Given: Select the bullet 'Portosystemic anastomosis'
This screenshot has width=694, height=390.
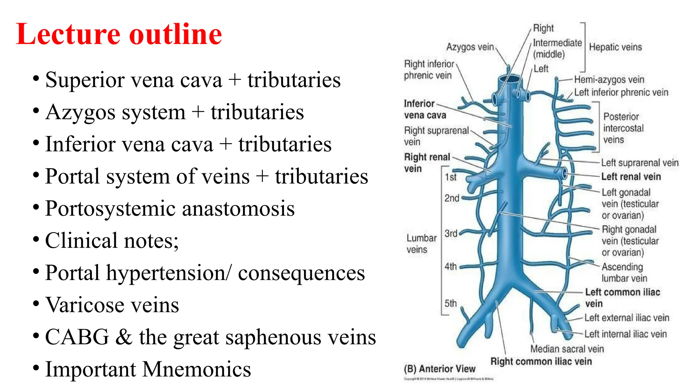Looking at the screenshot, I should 170,209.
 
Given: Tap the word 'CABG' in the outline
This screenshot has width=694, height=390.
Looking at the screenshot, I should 77,337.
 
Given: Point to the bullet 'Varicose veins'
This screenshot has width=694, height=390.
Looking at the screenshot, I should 112,305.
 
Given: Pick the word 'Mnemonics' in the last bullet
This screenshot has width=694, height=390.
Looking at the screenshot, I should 197,369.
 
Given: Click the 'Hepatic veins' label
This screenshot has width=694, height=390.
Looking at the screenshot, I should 615,47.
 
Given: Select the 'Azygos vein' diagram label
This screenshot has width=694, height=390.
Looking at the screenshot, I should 470,47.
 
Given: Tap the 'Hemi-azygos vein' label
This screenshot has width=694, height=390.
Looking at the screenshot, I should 609,80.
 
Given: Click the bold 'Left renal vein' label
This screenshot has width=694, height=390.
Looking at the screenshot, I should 631,176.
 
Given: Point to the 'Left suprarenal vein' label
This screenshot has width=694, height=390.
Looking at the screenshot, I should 640,163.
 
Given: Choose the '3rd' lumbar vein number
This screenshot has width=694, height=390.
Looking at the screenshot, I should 451,234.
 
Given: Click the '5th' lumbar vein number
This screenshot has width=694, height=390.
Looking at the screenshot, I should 451,303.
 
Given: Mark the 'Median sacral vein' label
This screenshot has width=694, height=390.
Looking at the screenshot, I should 567,349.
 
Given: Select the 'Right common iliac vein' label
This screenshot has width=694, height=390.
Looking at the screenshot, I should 541,361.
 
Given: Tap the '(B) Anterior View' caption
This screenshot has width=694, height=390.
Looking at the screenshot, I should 440,369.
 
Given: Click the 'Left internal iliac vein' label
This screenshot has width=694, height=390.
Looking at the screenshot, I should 626,334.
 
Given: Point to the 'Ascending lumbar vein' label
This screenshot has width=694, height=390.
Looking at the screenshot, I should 624,273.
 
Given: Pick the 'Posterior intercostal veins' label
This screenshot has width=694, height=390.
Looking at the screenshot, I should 623,128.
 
